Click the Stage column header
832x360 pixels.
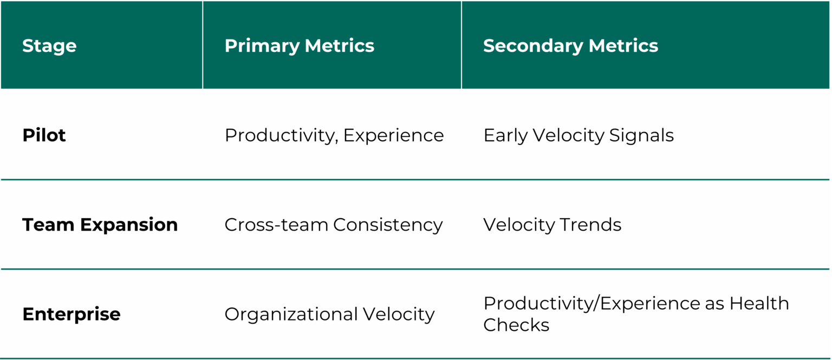pos(49,46)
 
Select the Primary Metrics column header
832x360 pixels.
pos(300,46)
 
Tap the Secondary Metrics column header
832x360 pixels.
pos(570,46)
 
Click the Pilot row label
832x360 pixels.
pos(44,135)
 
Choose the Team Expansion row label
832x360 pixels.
pos(100,225)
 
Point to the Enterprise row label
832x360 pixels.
pos(71,315)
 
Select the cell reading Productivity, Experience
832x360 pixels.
pos(334,136)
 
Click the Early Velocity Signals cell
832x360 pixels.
pos(578,136)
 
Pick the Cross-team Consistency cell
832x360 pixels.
pos(334,225)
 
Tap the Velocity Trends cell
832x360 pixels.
pos(552,225)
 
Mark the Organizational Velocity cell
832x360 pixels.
pos(329,315)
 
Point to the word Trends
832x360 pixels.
pos(590,225)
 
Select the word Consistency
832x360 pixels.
pos(388,225)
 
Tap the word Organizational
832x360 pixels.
pos(291,315)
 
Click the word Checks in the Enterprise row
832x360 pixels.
pos(516,325)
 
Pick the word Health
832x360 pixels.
pos(759,304)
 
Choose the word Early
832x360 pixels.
pos(505,136)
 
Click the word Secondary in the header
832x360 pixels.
pos(534,46)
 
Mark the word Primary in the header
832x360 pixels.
pos(262,46)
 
